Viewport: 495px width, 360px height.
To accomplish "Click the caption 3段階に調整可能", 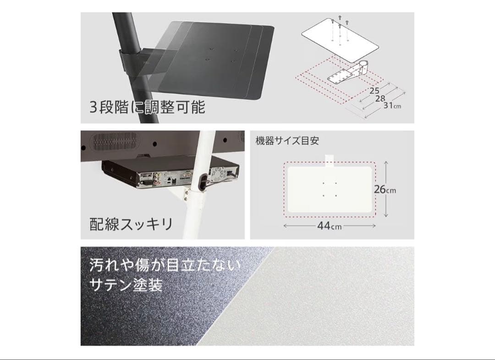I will (x=147, y=108).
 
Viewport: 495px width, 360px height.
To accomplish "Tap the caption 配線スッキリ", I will (x=131, y=224).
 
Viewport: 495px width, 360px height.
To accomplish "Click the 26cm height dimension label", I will (x=385, y=189).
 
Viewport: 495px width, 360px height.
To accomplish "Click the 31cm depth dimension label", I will (x=392, y=106).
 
